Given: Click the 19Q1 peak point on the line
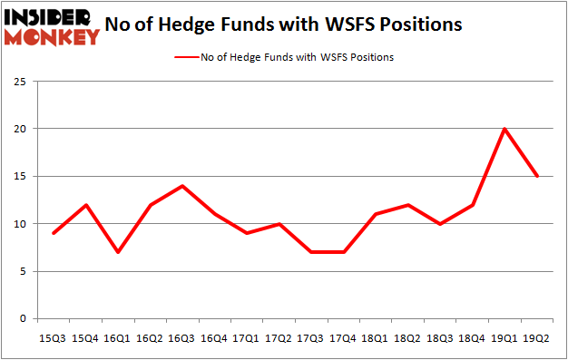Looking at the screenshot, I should click(x=504, y=129).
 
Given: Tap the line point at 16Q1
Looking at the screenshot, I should click(x=118, y=252).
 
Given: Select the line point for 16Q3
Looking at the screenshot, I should click(x=182, y=186).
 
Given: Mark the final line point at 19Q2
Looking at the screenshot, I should click(x=537, y=176).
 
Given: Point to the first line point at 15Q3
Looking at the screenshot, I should click(x=54, y=233).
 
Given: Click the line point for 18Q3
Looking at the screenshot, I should click(x=440, y=224).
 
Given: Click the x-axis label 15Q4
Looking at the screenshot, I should click(x=86, y=339).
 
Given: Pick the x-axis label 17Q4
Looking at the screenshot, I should click(x=344, y=339).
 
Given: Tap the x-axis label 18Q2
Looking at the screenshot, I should click(x=408, y=339).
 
